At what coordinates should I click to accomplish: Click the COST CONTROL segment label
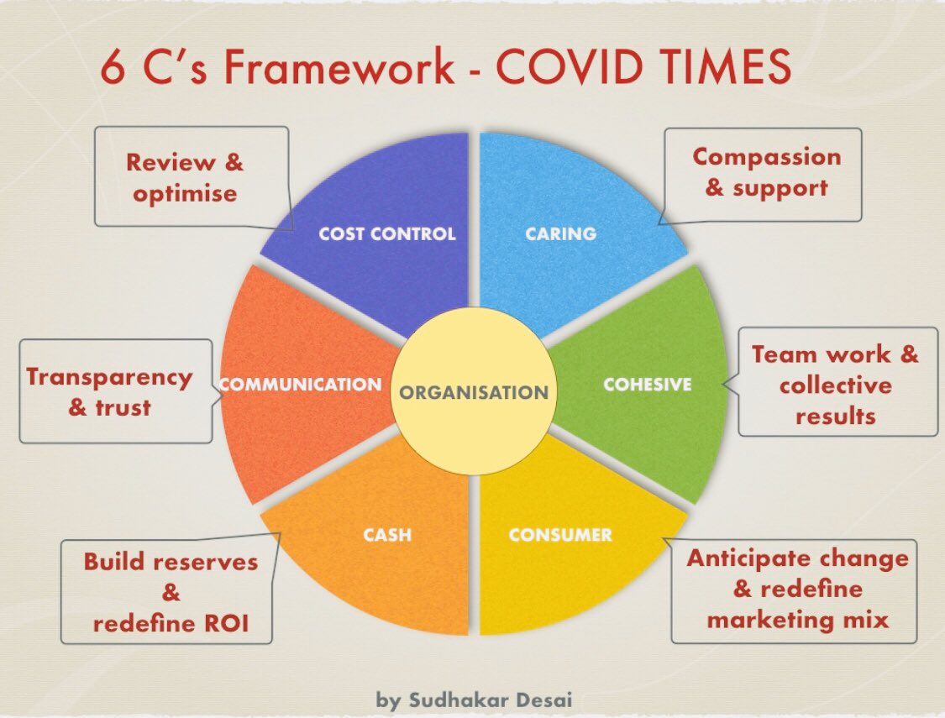pos(386,233)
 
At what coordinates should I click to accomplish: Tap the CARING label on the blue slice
pos(560,233)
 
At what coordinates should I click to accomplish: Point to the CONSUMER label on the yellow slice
pos(560,535)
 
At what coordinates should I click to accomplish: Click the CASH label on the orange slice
pos(386,535)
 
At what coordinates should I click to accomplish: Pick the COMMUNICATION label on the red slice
pos(301,385)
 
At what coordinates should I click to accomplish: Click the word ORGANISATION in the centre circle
pos(474,392)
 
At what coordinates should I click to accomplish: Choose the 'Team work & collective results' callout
pos(835,384)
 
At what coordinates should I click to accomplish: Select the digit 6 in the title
pos(113,68)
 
